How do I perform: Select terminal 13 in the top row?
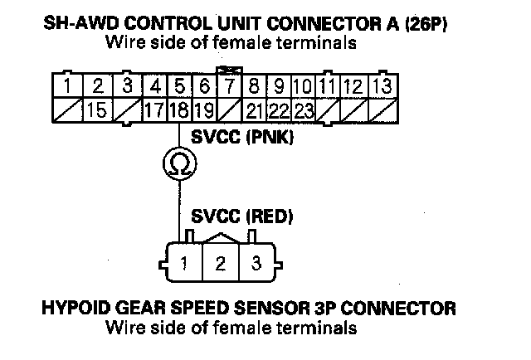point(383,85)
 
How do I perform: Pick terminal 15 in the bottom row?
point(97,109)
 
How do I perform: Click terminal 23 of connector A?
point(304,109)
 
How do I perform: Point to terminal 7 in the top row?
point(227,85)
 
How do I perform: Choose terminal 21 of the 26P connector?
point(256,109)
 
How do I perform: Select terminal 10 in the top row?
point(304,85)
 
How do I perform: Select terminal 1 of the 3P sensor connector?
point(181,265)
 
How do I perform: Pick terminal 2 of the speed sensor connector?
point(220,265)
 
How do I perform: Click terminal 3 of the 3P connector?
point(257,265)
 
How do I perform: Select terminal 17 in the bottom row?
point(153,109)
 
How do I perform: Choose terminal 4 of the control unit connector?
point(153,85)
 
